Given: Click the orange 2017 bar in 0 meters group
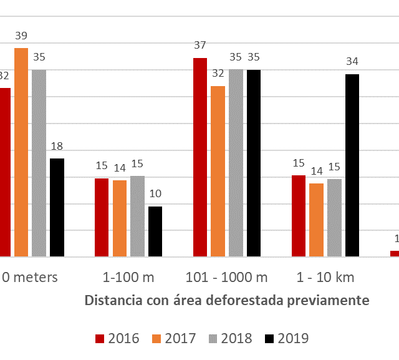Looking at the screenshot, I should click(x=21, y=152).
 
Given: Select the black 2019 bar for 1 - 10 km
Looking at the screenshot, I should click(x=352, y=165).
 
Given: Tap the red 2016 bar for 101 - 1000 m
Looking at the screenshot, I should click(x=200, y=157).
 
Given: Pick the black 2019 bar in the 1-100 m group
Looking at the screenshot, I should click(x=155, y=231).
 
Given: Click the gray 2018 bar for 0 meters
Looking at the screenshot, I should click(x=39, y=163).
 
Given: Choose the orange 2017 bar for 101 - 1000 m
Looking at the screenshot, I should click(x=218, y=171).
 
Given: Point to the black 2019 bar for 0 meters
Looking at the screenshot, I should click(x=57, y=207).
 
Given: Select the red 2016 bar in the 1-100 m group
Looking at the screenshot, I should click(x=102, y=217).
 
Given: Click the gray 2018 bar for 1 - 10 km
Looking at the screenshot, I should click(x=334, y=218).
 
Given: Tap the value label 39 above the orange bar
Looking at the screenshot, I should click(x=21, y=36).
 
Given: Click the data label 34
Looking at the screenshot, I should click(x=352, y=61).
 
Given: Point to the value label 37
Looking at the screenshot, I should click(x=200, y=45).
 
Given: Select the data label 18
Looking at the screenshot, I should click(x=57, y=146).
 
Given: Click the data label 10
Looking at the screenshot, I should click(x=155, y=193).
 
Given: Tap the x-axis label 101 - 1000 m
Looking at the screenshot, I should click(x=227, y=277).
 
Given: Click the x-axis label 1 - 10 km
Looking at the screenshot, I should click(x=325, y=277).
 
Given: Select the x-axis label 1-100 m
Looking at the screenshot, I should click(x=128, y=277).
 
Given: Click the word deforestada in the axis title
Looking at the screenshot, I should click(x=245, y=300).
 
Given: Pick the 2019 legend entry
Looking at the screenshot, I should click(x=286, y=338).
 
